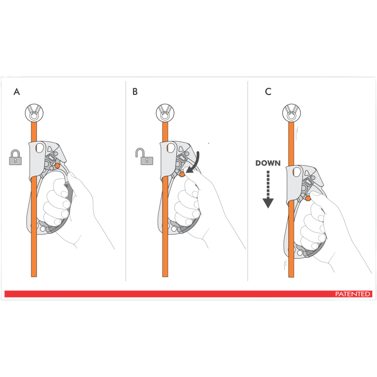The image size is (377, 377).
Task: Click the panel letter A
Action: click(x=17, y=92)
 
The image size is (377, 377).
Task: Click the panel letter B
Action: click(x=135, y=92)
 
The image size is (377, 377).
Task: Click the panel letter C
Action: click(x=268, y=92)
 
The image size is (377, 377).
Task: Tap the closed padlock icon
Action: click(x=15, y=157)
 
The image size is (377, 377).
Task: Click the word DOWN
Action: click(x=268, y=163)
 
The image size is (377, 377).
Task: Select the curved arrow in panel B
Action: click(x=194, y=163)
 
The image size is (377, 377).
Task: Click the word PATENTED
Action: click(x=352, y=294)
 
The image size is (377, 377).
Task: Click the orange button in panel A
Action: click(x=57, y=166)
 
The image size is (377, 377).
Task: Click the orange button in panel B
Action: click(x=182, y=174)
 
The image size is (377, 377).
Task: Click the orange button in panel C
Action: click(x=308, y=198)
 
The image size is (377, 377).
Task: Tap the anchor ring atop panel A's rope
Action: click(x=34, y=113)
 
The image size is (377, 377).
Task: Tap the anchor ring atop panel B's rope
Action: click(x=165, y=113)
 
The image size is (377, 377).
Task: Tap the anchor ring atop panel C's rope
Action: click(x=292, y=113)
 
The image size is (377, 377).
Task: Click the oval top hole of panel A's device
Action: click(x=40, y=148)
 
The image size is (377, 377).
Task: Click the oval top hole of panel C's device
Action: click(x=297, y=172)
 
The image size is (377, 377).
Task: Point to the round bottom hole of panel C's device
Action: click(x=300, y=253)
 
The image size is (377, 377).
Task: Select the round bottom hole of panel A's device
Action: click(x=43, y=229)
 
